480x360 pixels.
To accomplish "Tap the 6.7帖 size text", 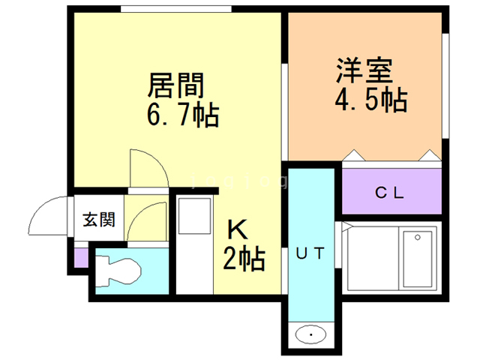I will tap(182, 115).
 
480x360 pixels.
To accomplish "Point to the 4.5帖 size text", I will tap(371, 98).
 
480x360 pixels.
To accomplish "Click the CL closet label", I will tap(390, 193).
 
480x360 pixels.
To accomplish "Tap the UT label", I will tap(310, 253).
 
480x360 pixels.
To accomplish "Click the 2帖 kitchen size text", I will tap(243, 259).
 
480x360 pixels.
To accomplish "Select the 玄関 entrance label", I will tap(99, 219).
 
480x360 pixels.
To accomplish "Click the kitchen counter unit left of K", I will tap(194, 244).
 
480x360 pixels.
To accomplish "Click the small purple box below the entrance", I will tap(81, 257).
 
